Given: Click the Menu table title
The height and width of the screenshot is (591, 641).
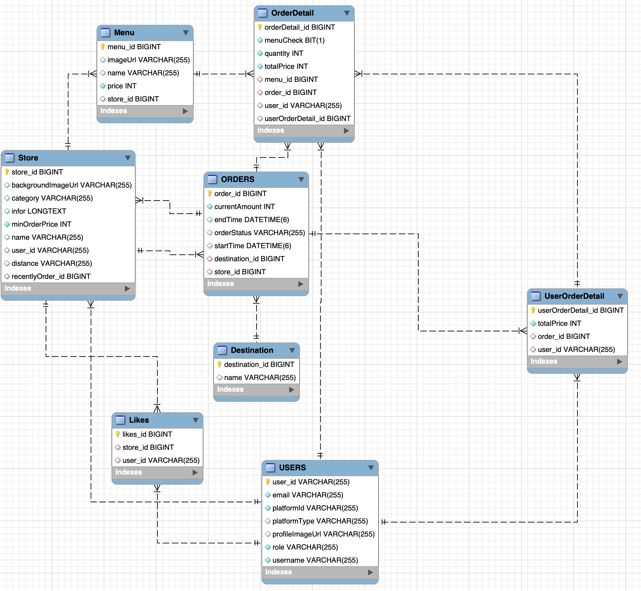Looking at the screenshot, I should (124, 33).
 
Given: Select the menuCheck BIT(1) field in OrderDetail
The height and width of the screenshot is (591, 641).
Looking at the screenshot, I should (294, 40).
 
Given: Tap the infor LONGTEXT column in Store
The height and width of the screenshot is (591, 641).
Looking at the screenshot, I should (38, 211).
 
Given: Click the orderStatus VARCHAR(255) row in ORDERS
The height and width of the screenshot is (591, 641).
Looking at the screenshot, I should (259, 233).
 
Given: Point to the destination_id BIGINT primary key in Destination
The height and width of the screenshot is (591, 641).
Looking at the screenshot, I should (259, 365).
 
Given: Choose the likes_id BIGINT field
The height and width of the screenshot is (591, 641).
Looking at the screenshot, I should (147, 434).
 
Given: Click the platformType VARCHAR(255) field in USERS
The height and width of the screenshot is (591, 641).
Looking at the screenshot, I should (320, 521).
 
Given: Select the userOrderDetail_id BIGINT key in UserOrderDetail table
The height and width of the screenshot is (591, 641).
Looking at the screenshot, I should (580, 311).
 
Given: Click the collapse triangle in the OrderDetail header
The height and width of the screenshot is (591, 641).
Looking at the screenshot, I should (347, 13).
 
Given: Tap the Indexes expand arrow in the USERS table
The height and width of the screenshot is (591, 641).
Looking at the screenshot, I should (370, 572).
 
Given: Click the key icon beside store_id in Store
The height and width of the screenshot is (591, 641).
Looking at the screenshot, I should (7, 172).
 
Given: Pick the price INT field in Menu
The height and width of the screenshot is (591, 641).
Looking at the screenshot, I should (122, 86).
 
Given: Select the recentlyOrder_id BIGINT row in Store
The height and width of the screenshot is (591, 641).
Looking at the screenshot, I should (51, 277).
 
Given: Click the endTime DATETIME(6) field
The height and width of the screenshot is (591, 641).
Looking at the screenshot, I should (251, 220).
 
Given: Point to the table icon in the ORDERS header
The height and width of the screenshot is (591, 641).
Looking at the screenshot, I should (212, 179).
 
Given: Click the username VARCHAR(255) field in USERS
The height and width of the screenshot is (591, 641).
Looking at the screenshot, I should (315, 560).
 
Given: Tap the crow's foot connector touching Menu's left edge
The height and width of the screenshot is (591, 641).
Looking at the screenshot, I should (93, 74).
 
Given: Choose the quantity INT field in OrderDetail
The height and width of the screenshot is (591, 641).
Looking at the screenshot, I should (284, 53).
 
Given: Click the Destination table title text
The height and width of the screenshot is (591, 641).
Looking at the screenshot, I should (252, 350).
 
